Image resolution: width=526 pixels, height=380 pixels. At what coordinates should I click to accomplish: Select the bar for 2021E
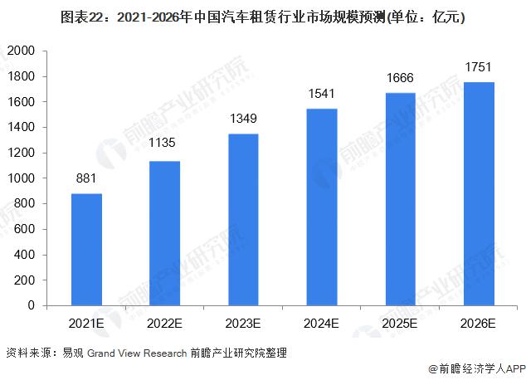[x=87, y=249]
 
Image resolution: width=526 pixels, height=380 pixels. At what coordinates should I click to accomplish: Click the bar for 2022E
[x=165, y=233]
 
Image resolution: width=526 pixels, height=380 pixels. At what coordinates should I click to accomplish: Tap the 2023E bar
[x=243, y=219]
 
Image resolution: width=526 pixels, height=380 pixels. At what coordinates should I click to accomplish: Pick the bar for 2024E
[x=321, y=207]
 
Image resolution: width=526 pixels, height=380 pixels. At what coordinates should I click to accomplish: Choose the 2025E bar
[x=401, y=199]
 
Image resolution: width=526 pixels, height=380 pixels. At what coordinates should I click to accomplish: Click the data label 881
[x=87, y=177]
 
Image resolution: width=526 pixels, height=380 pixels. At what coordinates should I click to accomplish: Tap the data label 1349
[x=243, y=117]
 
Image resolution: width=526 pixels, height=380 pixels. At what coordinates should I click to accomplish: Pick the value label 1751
[x=479, y=66]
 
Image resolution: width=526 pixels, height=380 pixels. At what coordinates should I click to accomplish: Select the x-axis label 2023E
[x=243, y=322]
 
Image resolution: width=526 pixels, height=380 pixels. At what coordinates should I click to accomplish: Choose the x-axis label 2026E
[x=479, y=322]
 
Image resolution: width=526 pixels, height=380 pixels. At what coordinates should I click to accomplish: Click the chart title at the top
[x=262, y=16]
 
